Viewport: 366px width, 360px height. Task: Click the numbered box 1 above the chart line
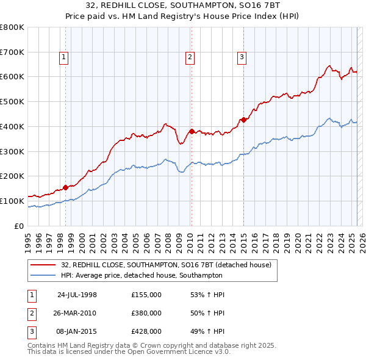tap(64, 58)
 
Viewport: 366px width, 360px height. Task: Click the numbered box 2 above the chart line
tap(190, 58)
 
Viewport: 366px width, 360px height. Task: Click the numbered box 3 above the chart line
tap(242, 58)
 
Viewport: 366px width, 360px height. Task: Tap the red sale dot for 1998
tap(65, 187)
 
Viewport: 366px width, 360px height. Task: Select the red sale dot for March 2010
tap(191, 131)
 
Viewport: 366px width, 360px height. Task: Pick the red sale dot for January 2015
tap(243, 120)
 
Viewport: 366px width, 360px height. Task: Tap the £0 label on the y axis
tap(19, 226)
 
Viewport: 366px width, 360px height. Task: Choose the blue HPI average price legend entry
tap(152, 275)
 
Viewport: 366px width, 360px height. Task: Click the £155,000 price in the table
tap(146, 295)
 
